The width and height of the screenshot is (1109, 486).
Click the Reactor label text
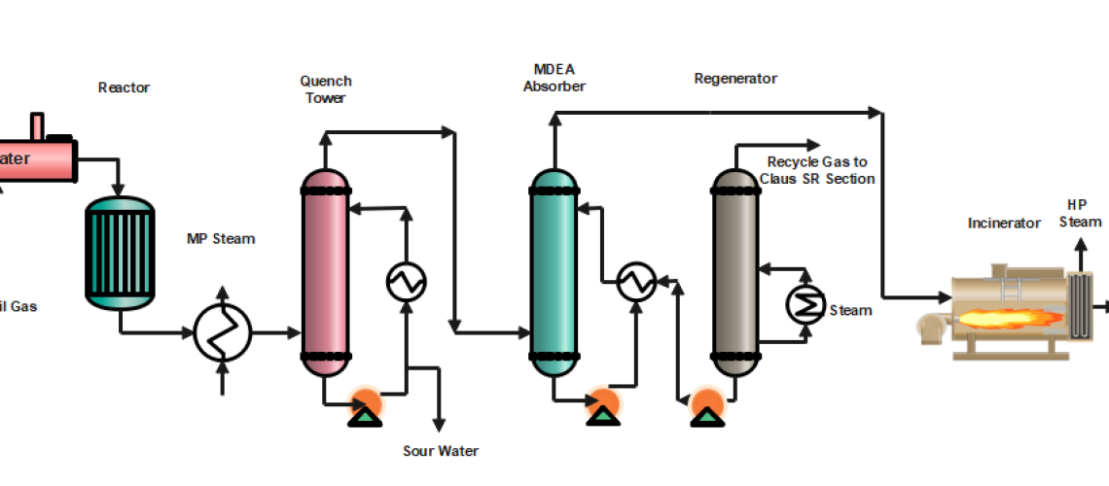(x=124, y=87)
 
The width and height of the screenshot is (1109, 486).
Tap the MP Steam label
(x=221, y=238)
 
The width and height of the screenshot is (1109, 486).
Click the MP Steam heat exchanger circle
(x=223, y=333)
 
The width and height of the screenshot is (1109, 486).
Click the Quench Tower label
(x=326, y=88)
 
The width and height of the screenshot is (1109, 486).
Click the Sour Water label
(x=441, y=451)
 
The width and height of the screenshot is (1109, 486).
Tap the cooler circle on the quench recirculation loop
(x=406, y=281)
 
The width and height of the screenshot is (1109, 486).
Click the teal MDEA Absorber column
(x=554, y=272)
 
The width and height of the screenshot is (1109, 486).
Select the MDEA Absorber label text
(x=554, y=78)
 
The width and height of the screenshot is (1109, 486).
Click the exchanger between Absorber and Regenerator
(x=637, y=281)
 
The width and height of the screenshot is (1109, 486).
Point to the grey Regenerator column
(x=735, y=272)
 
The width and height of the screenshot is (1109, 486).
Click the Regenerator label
(x=735, y=78)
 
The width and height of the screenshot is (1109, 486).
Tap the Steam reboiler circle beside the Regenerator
(x=805, y=305)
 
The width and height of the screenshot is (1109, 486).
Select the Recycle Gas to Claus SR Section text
(x=820, y=170)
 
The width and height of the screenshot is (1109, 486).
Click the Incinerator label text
(x=1004, y=223)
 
